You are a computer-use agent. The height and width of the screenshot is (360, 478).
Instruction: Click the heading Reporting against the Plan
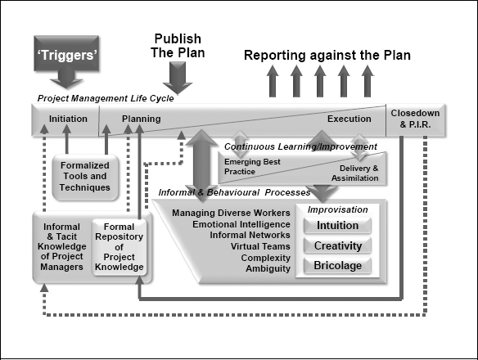click(327, 56)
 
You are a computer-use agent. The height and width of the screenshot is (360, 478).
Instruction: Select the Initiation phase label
click(67, 119)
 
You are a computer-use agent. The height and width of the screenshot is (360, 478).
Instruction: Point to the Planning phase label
click(141, 119)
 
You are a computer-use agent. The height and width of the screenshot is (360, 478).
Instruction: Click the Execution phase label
click(349, 119)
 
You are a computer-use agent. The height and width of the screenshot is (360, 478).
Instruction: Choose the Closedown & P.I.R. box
click(415, 119)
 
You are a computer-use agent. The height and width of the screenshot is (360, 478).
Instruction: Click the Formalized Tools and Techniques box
click(83, 176)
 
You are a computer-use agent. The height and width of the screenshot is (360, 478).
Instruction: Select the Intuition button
click(336, 225)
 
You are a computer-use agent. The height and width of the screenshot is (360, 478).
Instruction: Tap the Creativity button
click(336, 245)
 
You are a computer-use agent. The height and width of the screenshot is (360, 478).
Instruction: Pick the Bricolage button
click(336, 265)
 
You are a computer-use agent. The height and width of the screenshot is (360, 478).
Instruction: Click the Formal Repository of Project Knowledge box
click(118, 245)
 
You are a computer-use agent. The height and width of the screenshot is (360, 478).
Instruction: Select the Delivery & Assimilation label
click(354, 173)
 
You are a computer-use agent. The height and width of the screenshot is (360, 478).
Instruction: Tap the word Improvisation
click(336, 209)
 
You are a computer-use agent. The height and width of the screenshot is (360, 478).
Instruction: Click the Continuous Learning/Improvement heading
click(300, 147)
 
